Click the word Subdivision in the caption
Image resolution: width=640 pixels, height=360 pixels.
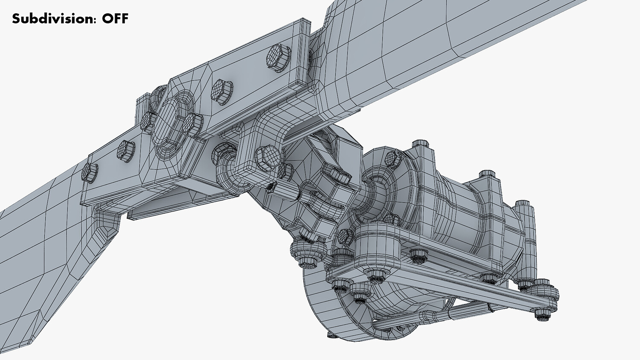pyautogui.click(x=52, y=19)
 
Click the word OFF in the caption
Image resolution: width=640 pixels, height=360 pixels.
pyautogui.click(x=116, y=19)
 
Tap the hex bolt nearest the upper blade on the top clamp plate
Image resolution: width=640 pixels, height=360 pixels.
pyautogui.click(x=278, y=56)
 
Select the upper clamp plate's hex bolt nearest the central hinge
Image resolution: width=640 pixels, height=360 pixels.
pyautogui.click(x=222, y=91)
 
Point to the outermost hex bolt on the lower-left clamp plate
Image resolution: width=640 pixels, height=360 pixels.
pyautogui.click(x=90, y=173)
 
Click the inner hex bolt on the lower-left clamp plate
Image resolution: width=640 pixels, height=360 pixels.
pyautogui.click(x=126, y=151)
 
